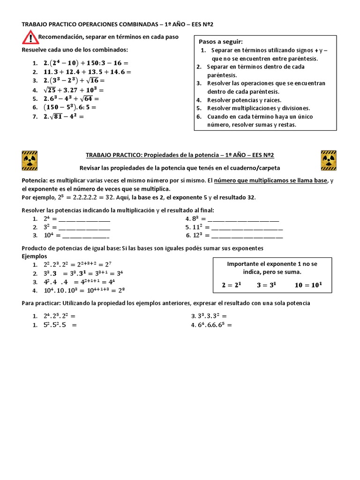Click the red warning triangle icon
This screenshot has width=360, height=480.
click(x=30, y=37)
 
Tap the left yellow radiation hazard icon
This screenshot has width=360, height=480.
click(x=30, y=161)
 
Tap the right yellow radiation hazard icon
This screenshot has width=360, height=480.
click(x=328, y=161)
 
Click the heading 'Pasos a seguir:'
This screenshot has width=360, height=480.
click(x=221, y=42)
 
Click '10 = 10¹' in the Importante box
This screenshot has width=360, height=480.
click(x=308, y=285)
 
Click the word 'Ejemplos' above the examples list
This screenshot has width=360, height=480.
click(x=35, y=256)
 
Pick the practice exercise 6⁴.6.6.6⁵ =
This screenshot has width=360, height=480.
click(x=211, y=325)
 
